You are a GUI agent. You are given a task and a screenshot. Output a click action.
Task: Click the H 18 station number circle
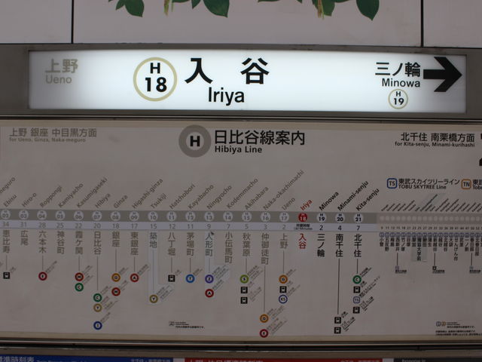click(155, 78)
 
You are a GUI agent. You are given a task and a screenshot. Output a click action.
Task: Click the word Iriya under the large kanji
click(226, 96)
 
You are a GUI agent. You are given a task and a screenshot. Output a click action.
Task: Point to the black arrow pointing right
click(442, 74)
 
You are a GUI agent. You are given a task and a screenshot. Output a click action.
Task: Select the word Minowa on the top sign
click(400, 83)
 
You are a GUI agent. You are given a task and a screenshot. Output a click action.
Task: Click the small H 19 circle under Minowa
click(398, 98)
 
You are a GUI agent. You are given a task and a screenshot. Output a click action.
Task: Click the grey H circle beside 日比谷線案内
click(194, 140)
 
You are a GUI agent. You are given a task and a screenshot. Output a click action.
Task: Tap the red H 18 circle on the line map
click(303, 216)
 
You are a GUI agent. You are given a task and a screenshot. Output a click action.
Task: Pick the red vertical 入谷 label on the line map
click(303, 241)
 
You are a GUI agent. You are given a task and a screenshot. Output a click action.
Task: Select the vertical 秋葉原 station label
click(246, 248)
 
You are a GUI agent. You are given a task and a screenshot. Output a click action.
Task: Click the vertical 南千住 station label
click(340, 245)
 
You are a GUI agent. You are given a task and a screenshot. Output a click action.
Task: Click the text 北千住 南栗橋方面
click(437, 138)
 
